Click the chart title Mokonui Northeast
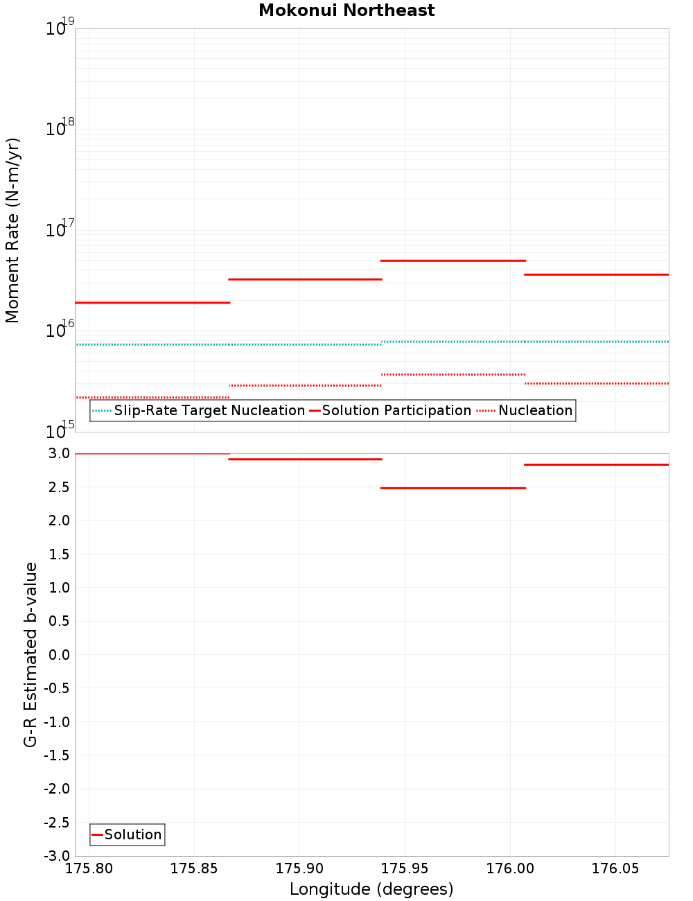point(346,10)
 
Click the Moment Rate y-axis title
point(12,230)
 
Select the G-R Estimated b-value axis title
point(30,654)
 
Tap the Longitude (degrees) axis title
point(371,889)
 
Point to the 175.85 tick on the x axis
point(194,868)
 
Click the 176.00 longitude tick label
point(510,868)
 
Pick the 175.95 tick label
point(405,868)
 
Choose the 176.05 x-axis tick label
point(615,868)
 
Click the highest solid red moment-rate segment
point(453,261)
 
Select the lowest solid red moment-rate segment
point(152,302)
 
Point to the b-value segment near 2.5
point(453,488)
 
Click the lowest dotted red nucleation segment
point(152,397)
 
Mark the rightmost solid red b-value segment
point(596,464)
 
